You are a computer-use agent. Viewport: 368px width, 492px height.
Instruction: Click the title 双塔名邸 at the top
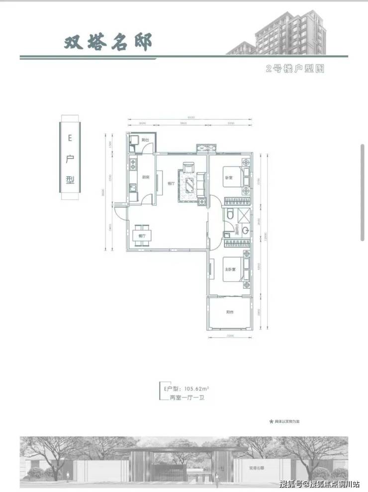(107, 42)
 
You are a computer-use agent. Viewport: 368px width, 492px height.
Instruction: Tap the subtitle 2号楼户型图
(295, 69)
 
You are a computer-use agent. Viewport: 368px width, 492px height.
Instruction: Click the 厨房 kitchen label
(146, 177)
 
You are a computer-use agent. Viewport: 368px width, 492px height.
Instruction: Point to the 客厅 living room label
(171, 183)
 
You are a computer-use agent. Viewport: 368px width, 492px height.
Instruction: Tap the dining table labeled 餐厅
(143, 236)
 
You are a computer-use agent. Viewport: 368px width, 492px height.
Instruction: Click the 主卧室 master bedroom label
(229, 269)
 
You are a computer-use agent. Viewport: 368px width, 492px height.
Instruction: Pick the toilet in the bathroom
(230, 215)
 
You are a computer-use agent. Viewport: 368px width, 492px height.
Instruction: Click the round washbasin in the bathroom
(245, 231)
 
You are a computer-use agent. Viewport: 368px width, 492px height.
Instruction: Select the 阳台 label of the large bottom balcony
(230, 312)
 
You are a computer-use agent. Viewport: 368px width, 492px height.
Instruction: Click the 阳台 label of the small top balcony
(145, 141)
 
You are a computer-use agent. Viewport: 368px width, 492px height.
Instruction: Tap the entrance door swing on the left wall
(121, 210)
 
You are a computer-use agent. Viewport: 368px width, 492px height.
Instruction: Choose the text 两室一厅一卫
(184, 399)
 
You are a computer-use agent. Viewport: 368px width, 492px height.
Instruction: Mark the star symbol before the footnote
(272, 421)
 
